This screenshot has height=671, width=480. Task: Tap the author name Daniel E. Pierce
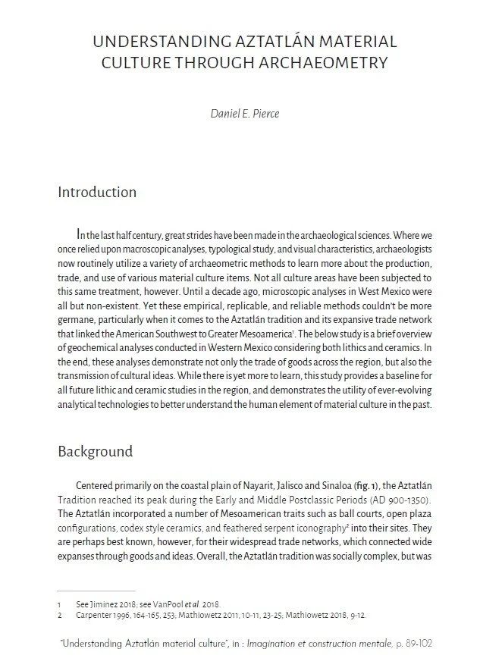tap(240, 116)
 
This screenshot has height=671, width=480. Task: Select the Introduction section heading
tap(97, 192)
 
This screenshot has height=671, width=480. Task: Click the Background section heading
tap(96, 451)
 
